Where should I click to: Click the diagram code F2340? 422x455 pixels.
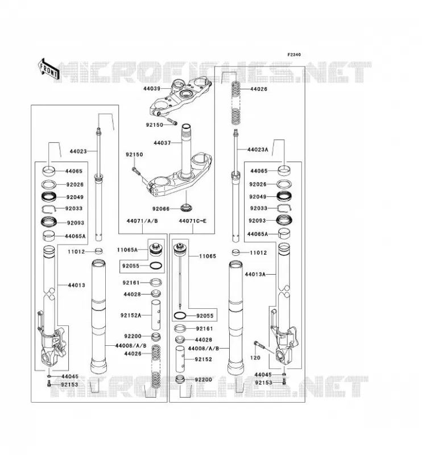[x=294, y=55]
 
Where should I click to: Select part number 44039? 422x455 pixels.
[x=152, y=89]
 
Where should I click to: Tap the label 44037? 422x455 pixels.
[x=162, y=143]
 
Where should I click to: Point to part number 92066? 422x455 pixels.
[x=161, y=209]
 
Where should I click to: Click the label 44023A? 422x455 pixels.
[x=258, y=150]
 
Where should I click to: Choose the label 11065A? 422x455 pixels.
[x=127, y=250]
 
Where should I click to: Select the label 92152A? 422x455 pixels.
[x=131, y=315]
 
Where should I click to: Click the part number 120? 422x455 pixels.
[x=255, y=358]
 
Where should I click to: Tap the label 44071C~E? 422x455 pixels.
[x=193, y=221]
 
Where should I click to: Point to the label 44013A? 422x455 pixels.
[x=255, y=274]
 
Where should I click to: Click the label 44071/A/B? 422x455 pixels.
[x=142, y=221]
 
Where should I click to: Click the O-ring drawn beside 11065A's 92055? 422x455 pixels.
[x=156, y=266]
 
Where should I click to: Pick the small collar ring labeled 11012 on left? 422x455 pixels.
[x=99, y=251]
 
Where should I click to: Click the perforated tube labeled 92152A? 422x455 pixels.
[x=156, y=315]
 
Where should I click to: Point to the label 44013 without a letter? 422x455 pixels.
[x=77, y=286]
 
